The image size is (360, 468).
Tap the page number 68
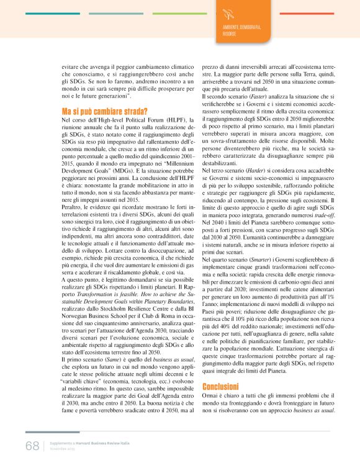(32, 446)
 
